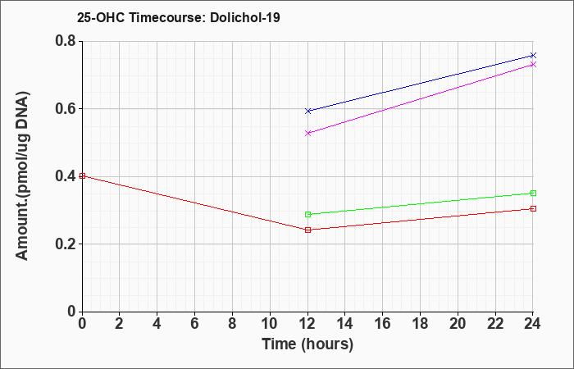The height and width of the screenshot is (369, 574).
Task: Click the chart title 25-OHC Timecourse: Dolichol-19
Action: point(179,17)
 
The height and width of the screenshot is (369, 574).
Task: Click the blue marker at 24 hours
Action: point(533,55)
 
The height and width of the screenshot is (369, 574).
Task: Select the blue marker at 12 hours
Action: point(307,111)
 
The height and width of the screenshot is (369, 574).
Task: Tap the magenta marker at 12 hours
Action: point(307,133)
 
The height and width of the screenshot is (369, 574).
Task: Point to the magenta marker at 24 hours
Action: point(533,65)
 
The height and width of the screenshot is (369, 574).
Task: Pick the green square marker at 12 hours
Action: point(307,214)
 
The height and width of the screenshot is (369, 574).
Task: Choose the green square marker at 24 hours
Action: point(533,193)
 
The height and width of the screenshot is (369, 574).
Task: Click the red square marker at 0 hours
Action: point(82,175)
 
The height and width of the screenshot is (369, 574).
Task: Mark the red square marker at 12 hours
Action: point(307,230)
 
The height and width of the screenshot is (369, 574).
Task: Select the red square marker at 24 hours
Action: point(533,208)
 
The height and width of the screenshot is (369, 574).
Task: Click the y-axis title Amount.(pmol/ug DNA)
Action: point(22,176)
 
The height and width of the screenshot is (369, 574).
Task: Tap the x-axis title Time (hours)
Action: point(307,344)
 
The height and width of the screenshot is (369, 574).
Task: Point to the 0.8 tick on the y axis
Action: point(66,41)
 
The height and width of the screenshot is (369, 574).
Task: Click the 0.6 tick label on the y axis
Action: point(66,109)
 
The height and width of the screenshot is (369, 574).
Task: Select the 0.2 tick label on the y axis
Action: point(66,244)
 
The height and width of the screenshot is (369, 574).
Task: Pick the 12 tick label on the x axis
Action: point(307,324)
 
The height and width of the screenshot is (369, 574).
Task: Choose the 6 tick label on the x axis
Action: point(195,324)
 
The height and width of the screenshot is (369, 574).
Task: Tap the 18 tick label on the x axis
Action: point(420,324)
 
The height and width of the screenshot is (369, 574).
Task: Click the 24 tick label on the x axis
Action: point(533,324)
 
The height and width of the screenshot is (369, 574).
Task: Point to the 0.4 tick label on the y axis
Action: point(66,176)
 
